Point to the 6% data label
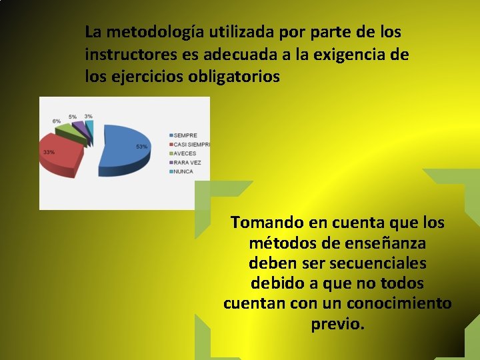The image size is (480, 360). coord(57,121)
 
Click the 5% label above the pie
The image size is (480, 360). coord(72,117)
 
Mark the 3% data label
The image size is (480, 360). coord(88,116)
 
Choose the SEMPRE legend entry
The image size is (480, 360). coord(185,135)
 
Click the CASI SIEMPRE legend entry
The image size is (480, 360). coord(191,145)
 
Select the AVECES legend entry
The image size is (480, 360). coord(185,153)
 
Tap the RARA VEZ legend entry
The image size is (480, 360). coord(187,162)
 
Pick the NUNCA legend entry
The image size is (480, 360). coord(183,171)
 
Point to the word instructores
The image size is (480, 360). coord(126,55)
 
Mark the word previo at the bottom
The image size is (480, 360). coord(337,325)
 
